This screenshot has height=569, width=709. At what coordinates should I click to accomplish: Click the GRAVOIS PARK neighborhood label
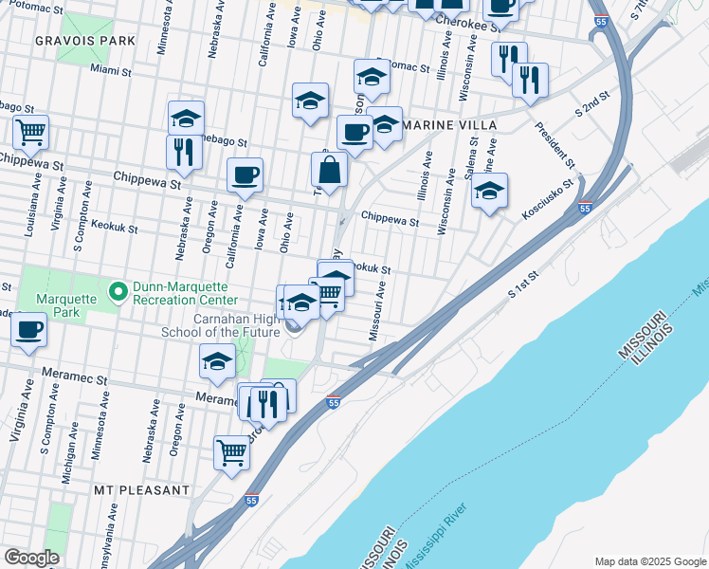(83, 42)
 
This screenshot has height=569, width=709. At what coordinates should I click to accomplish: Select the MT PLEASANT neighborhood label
(140, 490)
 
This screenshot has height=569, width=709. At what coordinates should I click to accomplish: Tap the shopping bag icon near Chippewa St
(329, 172)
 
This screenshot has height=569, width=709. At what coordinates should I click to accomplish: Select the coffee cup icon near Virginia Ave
(28, 330)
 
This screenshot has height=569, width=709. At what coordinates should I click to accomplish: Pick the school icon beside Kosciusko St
(489, 193)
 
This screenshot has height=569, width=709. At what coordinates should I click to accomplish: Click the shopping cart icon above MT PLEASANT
(231, 452)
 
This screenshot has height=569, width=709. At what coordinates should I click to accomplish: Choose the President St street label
(554, 140)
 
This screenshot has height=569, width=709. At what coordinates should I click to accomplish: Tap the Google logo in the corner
(31, 558)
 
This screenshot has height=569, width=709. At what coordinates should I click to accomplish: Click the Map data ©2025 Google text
(649, 561)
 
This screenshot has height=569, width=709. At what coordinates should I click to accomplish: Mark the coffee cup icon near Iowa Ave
(245, 175)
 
